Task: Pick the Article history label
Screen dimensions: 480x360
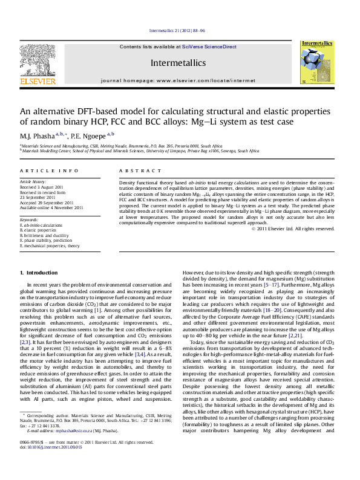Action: point(33,181)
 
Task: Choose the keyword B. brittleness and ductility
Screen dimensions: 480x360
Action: point(48,235)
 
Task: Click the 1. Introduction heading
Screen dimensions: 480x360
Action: point(39,273)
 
